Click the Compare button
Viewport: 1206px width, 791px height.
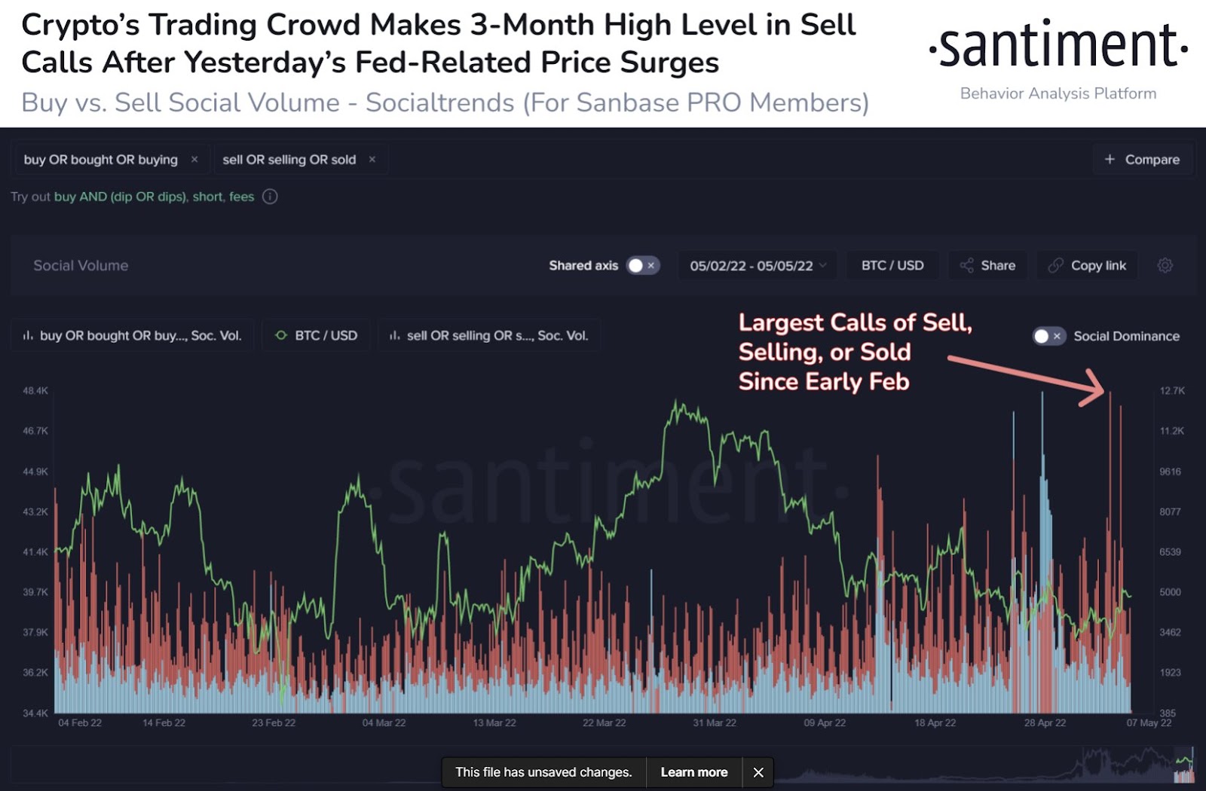coord(1143,160)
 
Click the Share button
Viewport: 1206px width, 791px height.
coord(987,265)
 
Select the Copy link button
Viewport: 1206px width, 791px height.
coord(1087,265)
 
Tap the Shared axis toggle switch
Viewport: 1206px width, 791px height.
coord(643,265)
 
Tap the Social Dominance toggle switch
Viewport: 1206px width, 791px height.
coord(1048,336)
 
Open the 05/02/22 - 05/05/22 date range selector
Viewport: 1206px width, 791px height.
coord(758,265)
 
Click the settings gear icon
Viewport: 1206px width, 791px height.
coord(1165,265)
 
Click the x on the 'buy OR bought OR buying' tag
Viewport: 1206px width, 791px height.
coord(194,160)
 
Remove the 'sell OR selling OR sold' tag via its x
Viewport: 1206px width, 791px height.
coord(372,160)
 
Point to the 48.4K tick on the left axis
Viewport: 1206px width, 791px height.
coord(35,391)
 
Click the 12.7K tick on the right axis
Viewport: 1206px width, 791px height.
coord(1172,391)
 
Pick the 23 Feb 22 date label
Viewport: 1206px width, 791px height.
coord(274,723)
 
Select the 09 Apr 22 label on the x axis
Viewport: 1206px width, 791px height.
coord(825,723)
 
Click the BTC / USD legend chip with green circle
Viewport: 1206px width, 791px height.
coord(317,336)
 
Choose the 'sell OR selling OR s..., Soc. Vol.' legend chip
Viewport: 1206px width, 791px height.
coord(488,336)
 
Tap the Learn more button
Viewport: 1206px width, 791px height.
coord(693,772)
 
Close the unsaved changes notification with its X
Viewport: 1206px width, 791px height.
coord(758,772)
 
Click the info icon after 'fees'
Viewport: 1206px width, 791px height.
coord(270,197)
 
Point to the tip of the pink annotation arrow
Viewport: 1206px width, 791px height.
coord(1103,392)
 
